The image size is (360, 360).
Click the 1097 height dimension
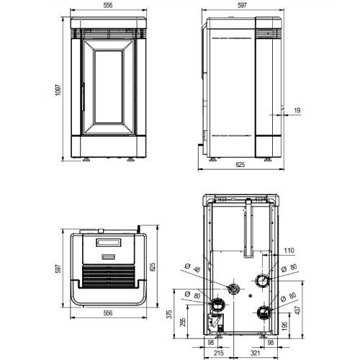(58, 90)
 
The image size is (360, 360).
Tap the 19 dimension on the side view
(297, 110)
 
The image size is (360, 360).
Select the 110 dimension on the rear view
(289, 251)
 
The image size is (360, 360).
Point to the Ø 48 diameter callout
(193, 268)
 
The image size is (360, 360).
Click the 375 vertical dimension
(170, 314)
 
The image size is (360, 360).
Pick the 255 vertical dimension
(183, 323)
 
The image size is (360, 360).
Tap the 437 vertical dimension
(297, 310)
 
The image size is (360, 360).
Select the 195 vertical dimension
(284, 326)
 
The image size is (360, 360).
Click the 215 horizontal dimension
(218, 353)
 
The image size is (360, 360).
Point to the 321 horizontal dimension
(255, 353)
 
